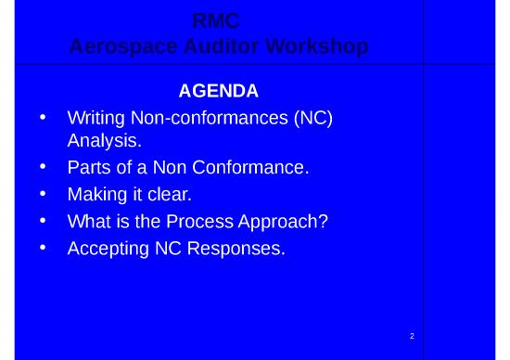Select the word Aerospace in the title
[119, 45]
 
